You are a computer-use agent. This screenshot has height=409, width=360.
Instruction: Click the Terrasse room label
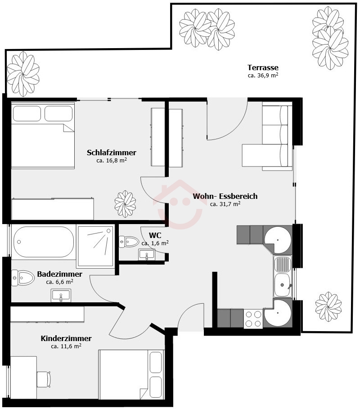coord(263,67)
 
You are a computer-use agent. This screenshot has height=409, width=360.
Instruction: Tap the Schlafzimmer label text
coord(112,153)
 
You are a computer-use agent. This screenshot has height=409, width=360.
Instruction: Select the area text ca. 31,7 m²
coord(225,204)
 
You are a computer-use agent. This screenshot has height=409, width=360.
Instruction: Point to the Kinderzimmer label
coord(66,338)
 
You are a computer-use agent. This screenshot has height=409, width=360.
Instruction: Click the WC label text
coord(155,235)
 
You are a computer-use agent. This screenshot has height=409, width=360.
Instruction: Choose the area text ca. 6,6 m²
coord(59,282)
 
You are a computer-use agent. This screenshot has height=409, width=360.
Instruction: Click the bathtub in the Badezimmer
coord(44,242)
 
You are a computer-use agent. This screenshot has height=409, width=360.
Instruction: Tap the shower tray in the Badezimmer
coord(95,246)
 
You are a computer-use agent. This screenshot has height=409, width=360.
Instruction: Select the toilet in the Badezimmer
coord(22,278)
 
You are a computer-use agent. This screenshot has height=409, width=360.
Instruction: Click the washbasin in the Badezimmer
coord(61,296)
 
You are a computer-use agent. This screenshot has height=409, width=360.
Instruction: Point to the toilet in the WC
coord(129,242)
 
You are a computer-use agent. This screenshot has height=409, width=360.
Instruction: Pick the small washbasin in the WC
coord(147,255)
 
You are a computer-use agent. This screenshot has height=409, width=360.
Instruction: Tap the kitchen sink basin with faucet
coord(283,284)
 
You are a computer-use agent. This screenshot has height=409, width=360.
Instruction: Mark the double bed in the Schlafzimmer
coord(43,135)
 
